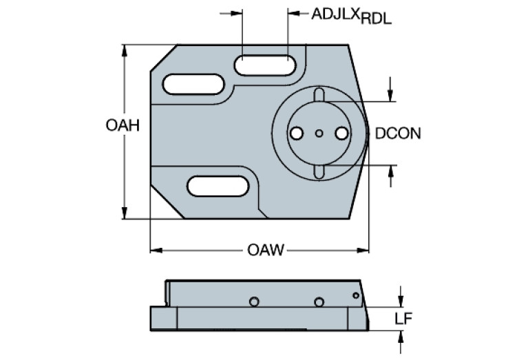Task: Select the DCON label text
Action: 398,134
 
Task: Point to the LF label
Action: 403,318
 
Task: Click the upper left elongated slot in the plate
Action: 193,85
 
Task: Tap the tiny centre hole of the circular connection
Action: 318,134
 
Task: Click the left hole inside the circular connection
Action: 296,134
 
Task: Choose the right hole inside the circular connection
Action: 341,134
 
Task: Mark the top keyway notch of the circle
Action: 318,94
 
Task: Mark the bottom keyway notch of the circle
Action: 318,172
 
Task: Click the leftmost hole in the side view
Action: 254,301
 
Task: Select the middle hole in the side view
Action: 318,301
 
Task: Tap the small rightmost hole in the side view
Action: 355,296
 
